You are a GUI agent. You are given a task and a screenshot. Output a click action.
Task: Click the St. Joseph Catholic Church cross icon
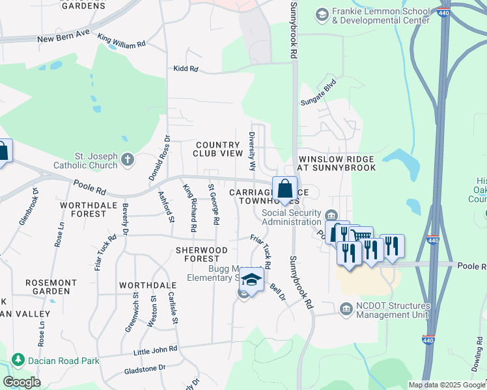click(x=128, y=159)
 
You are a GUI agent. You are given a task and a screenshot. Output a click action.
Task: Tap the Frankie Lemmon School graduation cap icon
click(x=321, y=14)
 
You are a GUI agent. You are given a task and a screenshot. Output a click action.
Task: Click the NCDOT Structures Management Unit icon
click(x=346, y=309)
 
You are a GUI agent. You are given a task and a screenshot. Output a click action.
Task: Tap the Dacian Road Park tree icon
click(x=18, y=359)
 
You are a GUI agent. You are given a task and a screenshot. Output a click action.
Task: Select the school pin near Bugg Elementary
click(x=251, y=280)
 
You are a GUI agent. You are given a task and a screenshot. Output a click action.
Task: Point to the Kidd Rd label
click(x=185, y=68)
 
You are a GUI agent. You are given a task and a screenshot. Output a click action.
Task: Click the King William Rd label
click(x=122, y=43)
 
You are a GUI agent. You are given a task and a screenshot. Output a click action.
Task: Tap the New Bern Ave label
click(x=63, y=39)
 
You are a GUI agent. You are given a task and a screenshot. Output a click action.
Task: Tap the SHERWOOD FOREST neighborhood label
click(x=202, y=254)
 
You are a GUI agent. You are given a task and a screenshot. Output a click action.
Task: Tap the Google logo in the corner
click(x=22, y=382)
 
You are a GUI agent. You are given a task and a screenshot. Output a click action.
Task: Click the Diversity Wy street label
click(x=251, y=150)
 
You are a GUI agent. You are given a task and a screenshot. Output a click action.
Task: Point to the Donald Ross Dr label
click(x=160, y=158)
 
